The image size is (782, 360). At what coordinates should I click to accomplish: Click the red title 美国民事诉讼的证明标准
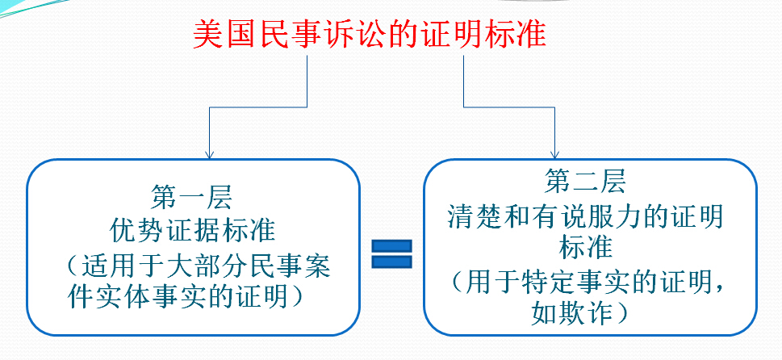pos(370,36)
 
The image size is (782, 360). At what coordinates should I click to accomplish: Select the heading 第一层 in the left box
pos(192,196)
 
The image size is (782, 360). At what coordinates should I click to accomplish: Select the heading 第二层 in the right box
pos(586,182)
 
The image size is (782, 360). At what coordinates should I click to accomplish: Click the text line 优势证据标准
pos(192,231)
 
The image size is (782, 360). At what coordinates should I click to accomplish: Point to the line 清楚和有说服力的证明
pos(586,217)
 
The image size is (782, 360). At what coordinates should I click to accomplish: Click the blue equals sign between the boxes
pos(391,253)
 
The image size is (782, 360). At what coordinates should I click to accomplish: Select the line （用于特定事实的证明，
pos(586,282)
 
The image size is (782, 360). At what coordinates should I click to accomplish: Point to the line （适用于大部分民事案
pos(199,266)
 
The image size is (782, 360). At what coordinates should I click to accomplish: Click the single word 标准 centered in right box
pos(586,246)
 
